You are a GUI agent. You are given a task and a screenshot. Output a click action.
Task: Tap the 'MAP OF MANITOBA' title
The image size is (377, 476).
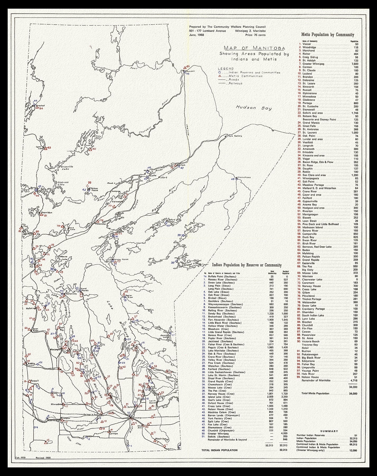point(254,48)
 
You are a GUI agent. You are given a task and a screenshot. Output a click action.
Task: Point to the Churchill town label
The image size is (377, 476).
point(190,71)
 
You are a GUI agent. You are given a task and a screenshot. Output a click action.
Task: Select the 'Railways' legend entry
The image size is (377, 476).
point(235,83)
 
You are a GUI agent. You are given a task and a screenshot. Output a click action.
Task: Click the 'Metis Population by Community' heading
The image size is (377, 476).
point(327,35)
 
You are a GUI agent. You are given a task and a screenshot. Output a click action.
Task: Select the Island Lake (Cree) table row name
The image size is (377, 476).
point(217,397)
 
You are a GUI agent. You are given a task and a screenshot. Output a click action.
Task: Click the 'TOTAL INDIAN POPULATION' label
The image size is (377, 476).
point(219,450)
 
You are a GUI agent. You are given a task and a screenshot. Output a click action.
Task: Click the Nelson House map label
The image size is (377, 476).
point(94,190)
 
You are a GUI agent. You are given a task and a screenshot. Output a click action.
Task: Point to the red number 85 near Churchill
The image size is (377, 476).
point(188,66)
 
